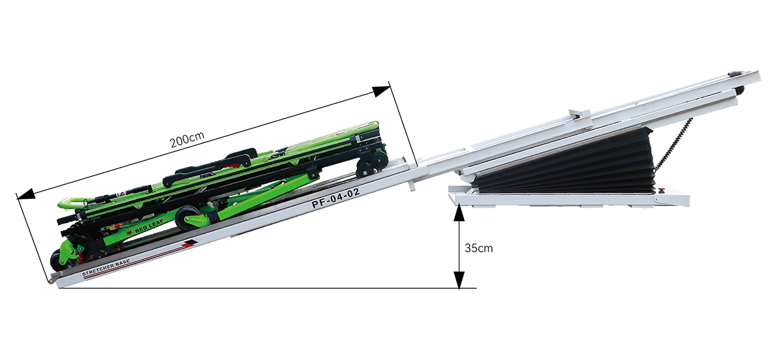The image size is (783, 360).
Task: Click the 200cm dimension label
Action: point(187,140)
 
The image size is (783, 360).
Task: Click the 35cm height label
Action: point(479,248)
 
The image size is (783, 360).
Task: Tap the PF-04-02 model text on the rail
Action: point(336,198)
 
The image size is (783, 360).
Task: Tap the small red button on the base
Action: point(661,190)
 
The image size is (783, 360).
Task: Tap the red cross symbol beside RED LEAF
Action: point(130,232)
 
